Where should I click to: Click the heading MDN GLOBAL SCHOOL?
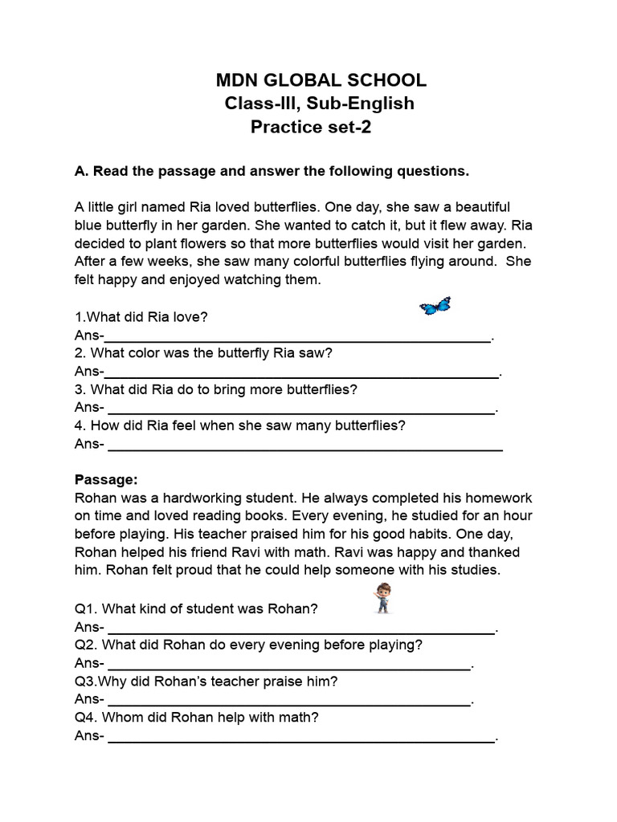point(321,80)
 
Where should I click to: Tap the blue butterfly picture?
point(435,306)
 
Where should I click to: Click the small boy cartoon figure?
point(382,598)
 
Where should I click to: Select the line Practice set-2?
point(311,127)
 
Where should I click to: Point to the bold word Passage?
point(106,479)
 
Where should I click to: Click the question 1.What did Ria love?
point(141,317)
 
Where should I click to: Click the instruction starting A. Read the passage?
point(272,171)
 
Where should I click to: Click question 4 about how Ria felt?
point(240,425)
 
